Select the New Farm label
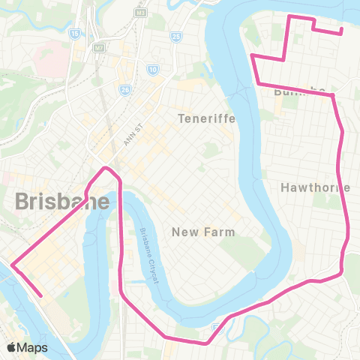click(204, 232)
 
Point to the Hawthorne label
click(316, 187)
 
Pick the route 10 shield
click(153, 70)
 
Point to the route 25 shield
click(175, 35)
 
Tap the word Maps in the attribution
click(34, 347)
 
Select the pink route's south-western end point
click(41, 295)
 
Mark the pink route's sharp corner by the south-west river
click(13, 264)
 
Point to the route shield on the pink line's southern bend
click(217, 327)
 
